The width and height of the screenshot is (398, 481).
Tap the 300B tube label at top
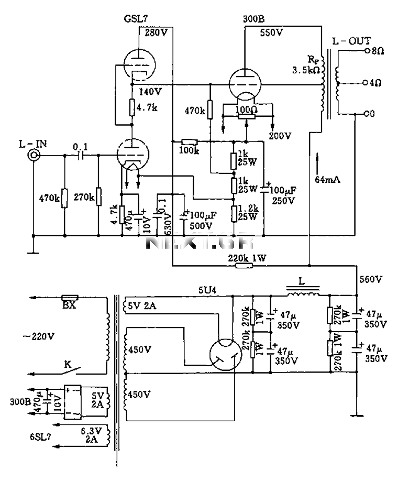coord(254,19)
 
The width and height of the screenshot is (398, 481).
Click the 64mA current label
coord(328,180)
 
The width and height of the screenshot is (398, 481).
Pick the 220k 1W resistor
coord(244,266)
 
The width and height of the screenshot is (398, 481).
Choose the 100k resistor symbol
coord(189,142)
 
